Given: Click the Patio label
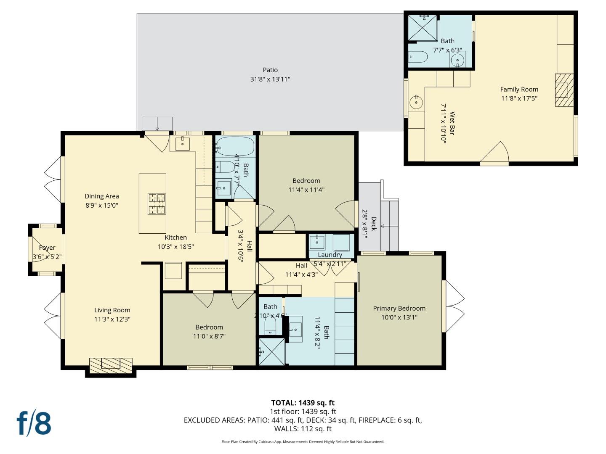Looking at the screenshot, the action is click(270, 70).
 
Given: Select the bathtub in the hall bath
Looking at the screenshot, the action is click(235, 146).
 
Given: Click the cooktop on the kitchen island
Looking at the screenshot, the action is click(157, 204).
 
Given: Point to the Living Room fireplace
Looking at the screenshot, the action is click(111, 366).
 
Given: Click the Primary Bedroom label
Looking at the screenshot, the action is click(399, 308).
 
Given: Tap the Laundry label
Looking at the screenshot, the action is click(330, 255).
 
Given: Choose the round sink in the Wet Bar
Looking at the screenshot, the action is click(416, 102).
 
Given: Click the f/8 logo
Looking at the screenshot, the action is click(34, 423).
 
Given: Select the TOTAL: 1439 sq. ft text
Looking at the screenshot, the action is click(303, 403).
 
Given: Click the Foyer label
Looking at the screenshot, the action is click(47, 248).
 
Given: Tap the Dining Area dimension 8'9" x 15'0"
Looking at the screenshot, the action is click(102, 205).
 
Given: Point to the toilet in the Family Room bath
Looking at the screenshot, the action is click(418, 57).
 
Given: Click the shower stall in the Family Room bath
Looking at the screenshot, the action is click(423, 28).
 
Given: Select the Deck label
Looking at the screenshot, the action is click(374, 224).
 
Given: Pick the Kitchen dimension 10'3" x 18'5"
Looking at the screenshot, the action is click(175, 246).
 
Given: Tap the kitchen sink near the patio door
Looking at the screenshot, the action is click(183, 144).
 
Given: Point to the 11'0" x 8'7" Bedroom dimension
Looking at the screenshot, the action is click(209, 336).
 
